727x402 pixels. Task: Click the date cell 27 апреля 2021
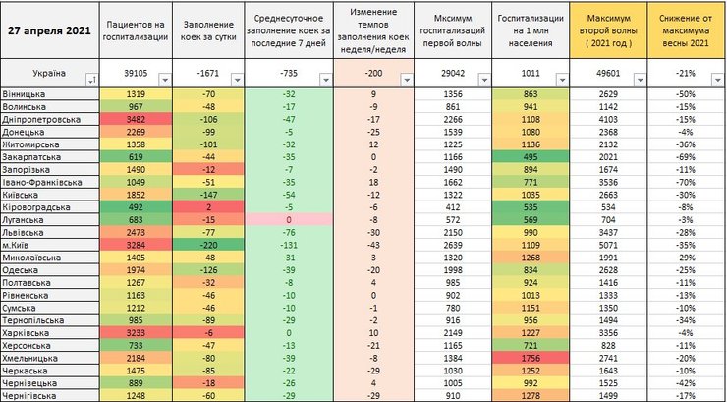coord(48,30)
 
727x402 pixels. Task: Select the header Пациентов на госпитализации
coord(136,31)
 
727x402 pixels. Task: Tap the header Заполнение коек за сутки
coord(206,31)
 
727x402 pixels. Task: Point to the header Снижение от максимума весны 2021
coord(685,31)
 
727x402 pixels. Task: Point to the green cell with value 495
coord(530,156)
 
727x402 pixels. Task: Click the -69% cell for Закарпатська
coord(685,156)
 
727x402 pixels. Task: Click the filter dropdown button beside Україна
coord(91,80)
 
